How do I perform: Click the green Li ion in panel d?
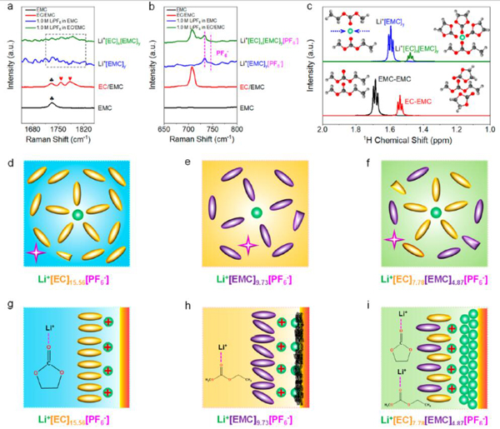pyautogui.click(x=77, y=216)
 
